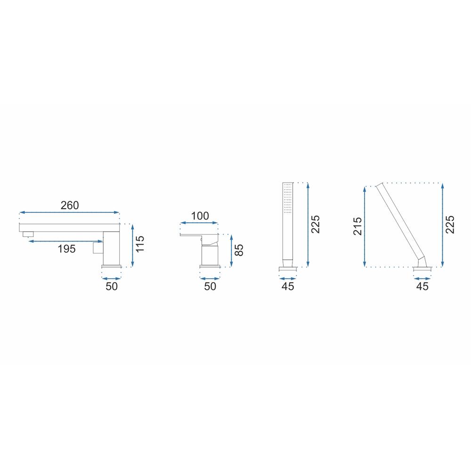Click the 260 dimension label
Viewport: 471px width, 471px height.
(x=70, y=205)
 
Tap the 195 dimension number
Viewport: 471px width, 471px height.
(x=66, y=249)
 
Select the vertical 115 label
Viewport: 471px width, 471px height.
(x=140, y=244)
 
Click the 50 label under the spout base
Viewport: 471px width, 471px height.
(x=112, y=286)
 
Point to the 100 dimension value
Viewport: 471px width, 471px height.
(x=200, y=216)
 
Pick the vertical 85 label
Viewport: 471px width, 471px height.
(x=238, y=250)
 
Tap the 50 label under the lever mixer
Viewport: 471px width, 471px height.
(x=210, y=286)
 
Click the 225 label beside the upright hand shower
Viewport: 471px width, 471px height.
(x=316, y=224)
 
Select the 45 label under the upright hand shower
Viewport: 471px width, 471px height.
(x=288, y=286)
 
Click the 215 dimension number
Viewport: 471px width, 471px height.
(x=357, y=226)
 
